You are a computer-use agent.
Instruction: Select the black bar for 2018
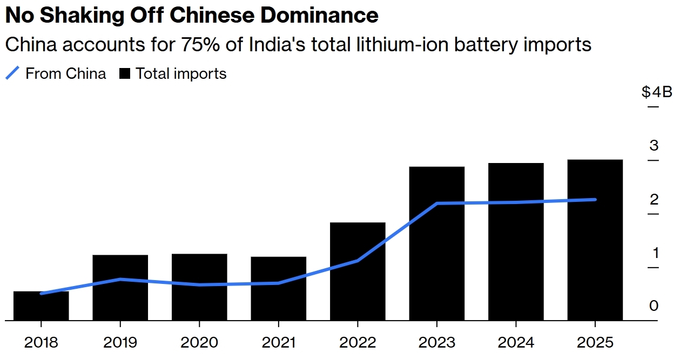click(41, 305)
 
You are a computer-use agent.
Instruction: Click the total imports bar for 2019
click(120, 288)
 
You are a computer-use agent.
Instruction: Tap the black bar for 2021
click(278, 288)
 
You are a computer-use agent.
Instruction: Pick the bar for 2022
click(358, 271)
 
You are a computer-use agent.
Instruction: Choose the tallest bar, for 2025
click(595, 240)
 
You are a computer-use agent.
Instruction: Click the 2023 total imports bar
click(437, 243)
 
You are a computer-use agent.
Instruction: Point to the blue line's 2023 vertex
click(437, 203)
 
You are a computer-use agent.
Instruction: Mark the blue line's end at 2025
click(595, 200)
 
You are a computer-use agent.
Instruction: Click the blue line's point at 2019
click(120, 279)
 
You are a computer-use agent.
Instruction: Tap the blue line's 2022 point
click(358, 261)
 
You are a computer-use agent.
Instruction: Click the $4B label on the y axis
click(657, 92)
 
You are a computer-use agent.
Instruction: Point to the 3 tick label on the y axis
click(654, 146)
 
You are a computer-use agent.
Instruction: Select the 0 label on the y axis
click(654, 305)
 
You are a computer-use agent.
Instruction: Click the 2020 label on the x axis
click(199, 343)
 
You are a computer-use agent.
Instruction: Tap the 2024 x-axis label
click(516, 343)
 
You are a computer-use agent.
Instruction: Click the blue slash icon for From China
click(12, 73)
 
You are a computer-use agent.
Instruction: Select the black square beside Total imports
click(125, 73)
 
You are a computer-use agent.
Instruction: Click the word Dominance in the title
click(319, 15)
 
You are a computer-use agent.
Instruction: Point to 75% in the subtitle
click(200, 45)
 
